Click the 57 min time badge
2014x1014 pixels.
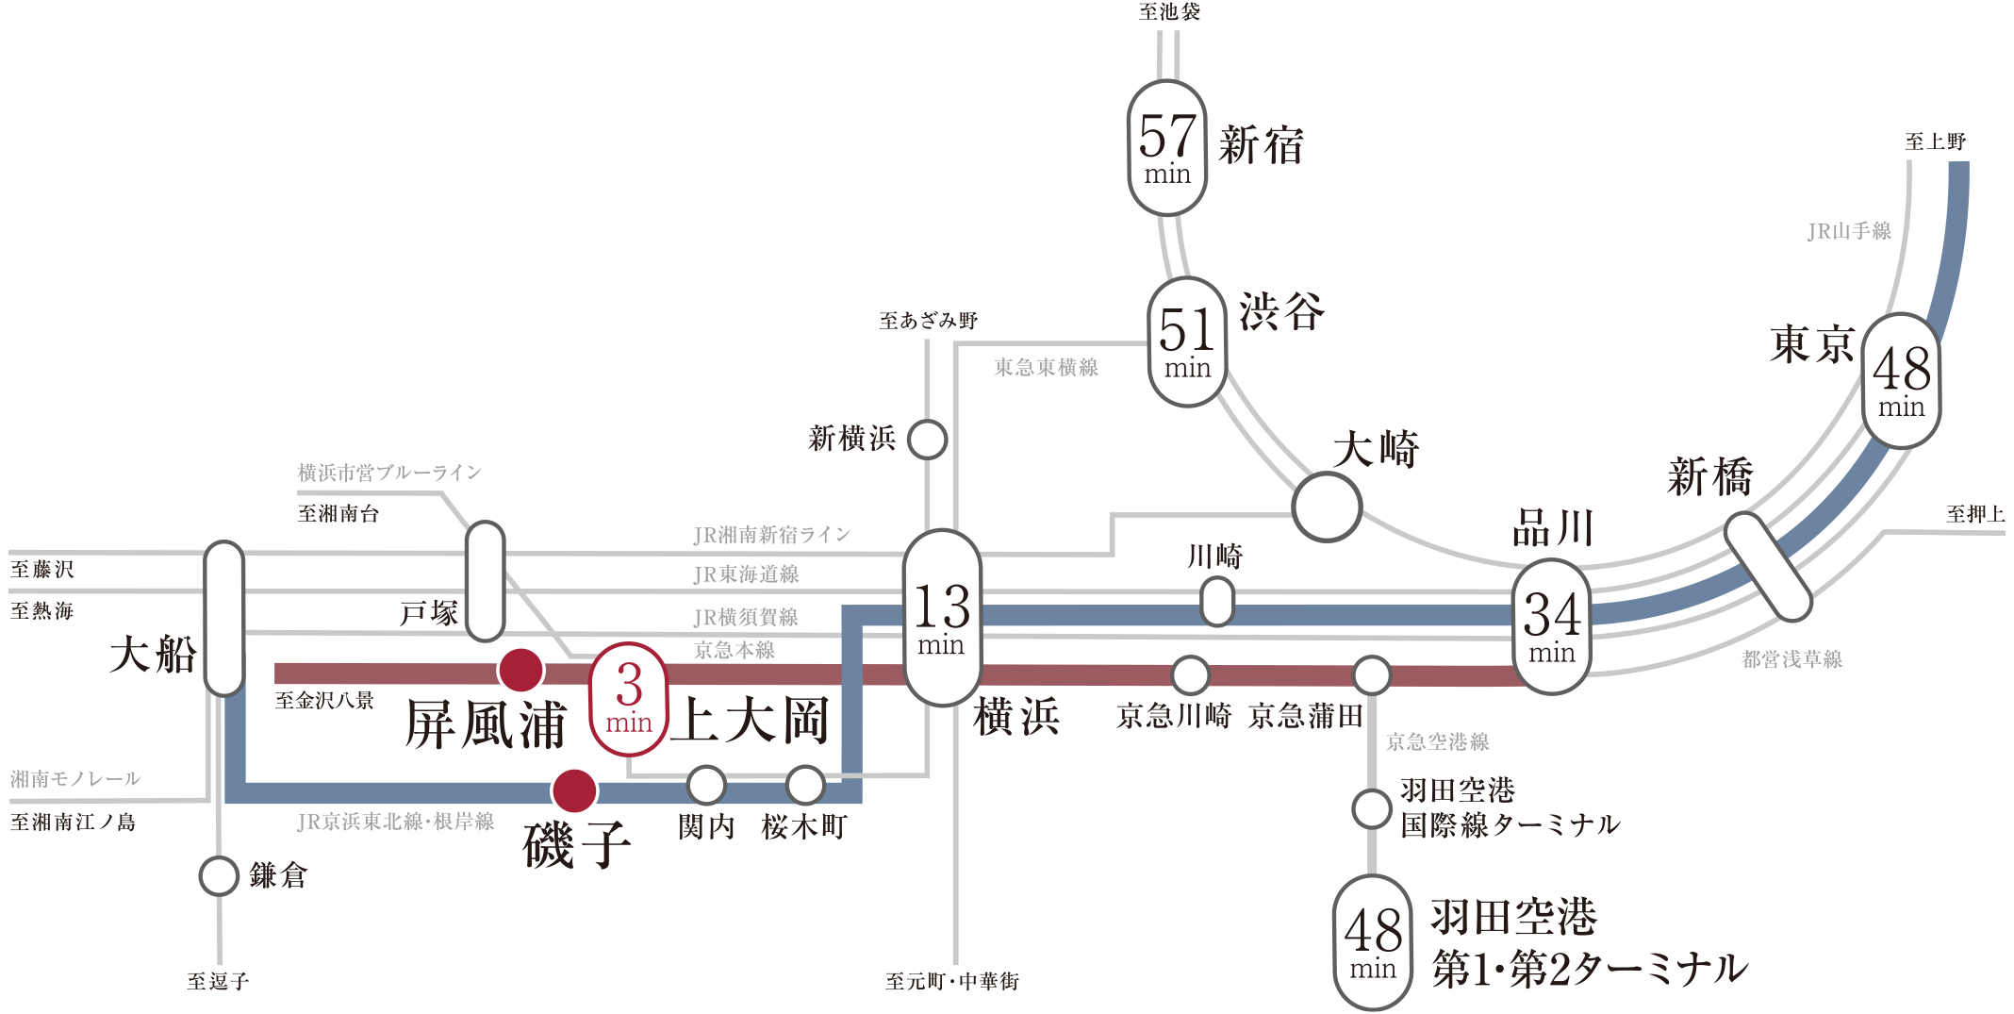point(1167,147)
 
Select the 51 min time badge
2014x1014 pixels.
point(1187,341)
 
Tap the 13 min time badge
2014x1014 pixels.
point(941,618)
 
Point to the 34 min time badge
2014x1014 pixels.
point(1551,626)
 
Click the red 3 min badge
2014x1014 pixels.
point(629,698)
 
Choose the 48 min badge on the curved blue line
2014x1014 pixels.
point(1901,380)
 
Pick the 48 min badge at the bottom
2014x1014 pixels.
point(1373,941)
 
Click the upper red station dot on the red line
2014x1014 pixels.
point(520,671)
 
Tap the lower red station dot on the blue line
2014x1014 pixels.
point(574,790)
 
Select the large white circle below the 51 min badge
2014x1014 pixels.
point(1327,507)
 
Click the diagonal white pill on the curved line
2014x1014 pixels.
point(1768,567)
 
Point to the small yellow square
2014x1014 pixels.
point(1827,636)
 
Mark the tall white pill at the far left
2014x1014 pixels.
point(224,619)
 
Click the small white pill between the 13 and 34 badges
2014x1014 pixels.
point(1217,601)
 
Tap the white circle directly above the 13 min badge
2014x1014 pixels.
point(927,440)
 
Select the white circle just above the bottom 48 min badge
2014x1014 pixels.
point(1371,808)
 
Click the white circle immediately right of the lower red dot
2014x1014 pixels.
point(706,785)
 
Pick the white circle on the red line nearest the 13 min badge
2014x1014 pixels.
point(1190,675)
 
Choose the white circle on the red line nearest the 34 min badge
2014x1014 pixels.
point(1371,675)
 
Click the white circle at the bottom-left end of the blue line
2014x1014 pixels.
point(219,876)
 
